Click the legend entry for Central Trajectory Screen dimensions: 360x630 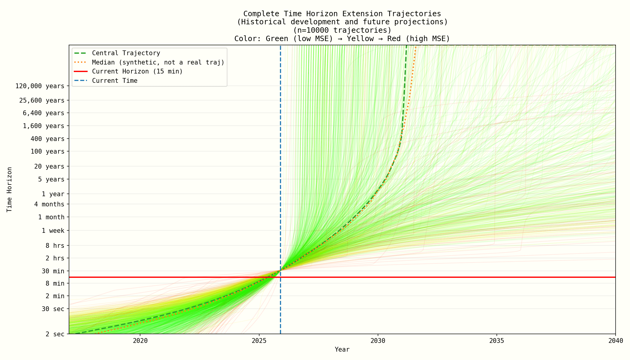(x=126, y=53)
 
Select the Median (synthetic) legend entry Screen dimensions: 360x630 (x=158, y=62)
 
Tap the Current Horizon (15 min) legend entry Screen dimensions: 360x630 (x=137, y=71)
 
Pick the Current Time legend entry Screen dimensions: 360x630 (x=115, y=81)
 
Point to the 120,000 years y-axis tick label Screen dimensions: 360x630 (x=40, y=86)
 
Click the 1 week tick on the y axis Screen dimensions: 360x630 (x=53, y=231)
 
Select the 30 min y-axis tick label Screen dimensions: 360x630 (x=53, y=271)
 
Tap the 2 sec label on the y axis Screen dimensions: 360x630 (x=55, y=334)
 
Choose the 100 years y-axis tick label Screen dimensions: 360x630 (x=47, y=151)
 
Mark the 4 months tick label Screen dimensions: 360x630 (x=49, y=204)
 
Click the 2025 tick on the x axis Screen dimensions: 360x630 (x=259, y=341)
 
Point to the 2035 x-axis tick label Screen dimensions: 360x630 (x=496, y=341)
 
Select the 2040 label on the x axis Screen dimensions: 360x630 (x=615, y=341)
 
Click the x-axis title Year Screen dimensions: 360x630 (x=342, y=349)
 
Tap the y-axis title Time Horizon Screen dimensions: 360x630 (x=10, y=190)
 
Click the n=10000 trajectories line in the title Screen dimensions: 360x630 (x=342, y=30)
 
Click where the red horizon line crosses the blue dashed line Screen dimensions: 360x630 (x=280, y=277)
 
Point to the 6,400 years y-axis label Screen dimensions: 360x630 (x=43, y=113)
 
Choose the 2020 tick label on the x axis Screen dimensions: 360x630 (x=140, y=341)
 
